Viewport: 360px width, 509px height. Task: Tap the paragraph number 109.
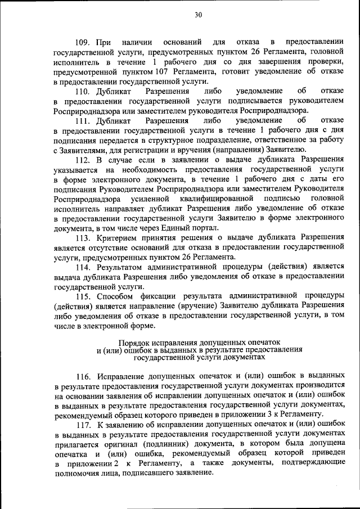pos(85,43)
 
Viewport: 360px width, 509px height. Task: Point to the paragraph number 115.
pos(85,296)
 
